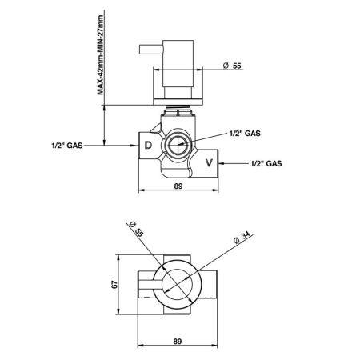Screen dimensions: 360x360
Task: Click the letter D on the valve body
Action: [x=148, y=145]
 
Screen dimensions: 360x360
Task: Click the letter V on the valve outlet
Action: [x=209, y=162]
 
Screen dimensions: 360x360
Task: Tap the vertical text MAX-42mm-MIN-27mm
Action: [x=100, y=55]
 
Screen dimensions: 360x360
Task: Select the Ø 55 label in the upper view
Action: [x=232, y=66]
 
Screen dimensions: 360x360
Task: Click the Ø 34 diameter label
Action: [x=242, y=238]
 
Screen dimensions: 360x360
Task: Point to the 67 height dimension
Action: [x=114, y=285]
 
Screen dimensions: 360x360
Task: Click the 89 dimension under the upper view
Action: [x=178, y=186]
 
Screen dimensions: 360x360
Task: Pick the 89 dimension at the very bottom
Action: [x=178, y=342]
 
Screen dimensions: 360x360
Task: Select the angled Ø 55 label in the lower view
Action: [x=136, y=229]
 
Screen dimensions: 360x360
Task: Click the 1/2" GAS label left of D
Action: [x=67, y=146]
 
